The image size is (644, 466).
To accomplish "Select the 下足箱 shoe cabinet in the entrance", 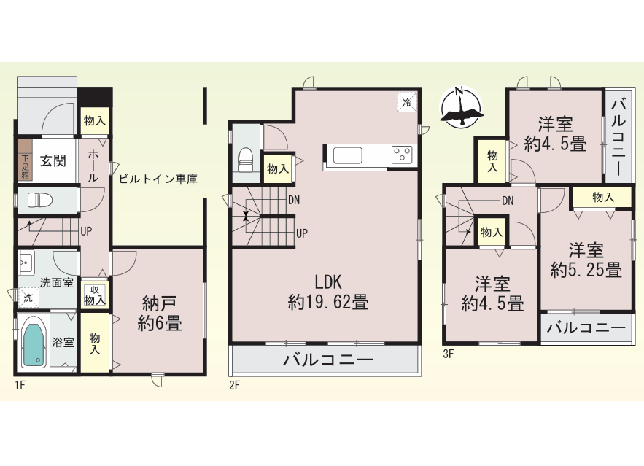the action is (25, 160).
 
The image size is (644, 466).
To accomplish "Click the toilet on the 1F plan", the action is (40, 201).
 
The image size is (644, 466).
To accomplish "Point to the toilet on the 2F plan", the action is (247, 160).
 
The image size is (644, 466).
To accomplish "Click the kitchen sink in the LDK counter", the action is (347, 155).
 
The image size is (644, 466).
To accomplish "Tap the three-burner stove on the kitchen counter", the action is (402, 155).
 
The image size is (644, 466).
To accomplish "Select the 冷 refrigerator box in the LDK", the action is (407, 102).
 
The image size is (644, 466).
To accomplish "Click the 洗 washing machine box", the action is (28, 298).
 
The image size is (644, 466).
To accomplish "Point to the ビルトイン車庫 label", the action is (158, 179).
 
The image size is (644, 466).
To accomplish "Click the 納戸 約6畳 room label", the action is (159, 314).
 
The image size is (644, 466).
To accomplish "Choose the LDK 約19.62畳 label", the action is (328, 292).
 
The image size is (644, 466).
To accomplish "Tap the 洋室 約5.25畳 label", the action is (586, 260).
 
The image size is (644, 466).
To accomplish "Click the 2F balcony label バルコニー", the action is (329, 360).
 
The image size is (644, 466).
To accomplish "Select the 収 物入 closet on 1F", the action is (95, 295).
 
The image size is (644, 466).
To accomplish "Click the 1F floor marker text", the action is (20, 386).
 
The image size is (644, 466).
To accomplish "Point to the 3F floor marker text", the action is (449, 354).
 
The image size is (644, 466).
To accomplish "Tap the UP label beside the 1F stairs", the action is (86, 232).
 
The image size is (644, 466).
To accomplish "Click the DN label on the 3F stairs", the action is (508, 201).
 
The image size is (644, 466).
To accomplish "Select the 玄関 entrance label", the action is (53, 160).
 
